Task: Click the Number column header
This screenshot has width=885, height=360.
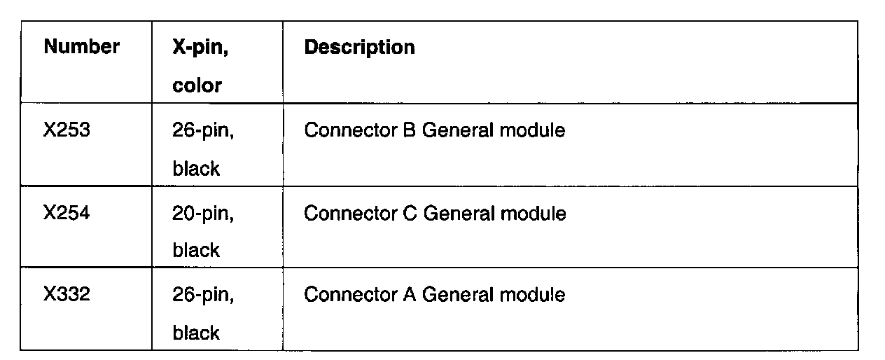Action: pyautogui.click(x=81, y=48)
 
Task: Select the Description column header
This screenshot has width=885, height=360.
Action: pyautogui.click(x=359, y=48)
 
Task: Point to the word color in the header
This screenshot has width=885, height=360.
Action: pyautogui.click(x=197, y=86)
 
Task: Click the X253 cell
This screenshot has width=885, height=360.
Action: pyautogui.click(x=66, y=131)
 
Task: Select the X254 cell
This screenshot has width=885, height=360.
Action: pyautogui.click(x=66, y=213)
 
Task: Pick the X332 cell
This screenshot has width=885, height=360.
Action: pyautogui.click(x=66, y=295)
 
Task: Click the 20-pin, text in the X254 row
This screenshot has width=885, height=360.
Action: pyautogui.click(x=203, y=214)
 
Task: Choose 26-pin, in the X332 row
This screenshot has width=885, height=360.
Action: pyautogui.click(x=203, y=296)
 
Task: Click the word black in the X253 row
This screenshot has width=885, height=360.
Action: pyautogui.click(x=196, y=169)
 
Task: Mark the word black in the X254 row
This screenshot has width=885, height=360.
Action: pyautogui.click(x=196, y=251)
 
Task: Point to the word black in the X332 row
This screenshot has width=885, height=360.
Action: pyautogui.click(x=196, y=333)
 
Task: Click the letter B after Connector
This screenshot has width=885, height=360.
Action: pyautogui.click(x=410, y=131)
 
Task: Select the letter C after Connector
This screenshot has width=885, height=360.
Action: pyautogui.click(x=410, y=213)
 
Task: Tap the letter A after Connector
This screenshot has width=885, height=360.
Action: pyautogui.click(x=410, y=295)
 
